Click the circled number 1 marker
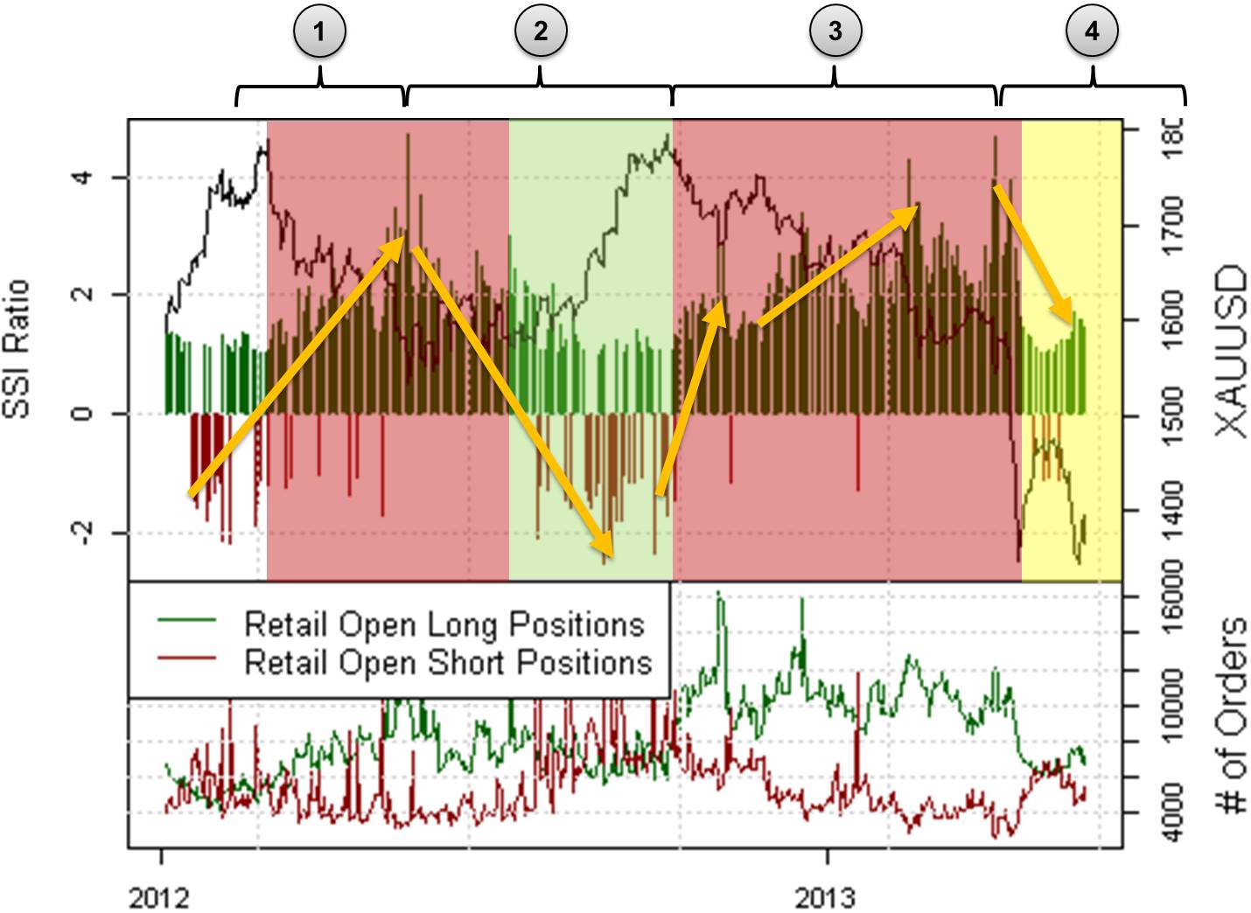click(319, 32)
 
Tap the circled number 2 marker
click(540, 32)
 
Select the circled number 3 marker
click(835, 32)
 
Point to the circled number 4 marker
click(1092, 32)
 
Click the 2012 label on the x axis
click(159, 897)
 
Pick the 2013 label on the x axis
click(826, 897)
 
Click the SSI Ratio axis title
click(17, 349)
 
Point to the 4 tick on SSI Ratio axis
click(81, 178)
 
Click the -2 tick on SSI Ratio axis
click(81, 532)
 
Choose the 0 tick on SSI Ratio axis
click(81, 413)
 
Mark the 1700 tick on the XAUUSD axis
click(1170, 226)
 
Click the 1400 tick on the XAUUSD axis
click(1170, 509)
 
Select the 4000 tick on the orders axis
click(1170, 812)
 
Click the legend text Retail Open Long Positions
click(444, 624)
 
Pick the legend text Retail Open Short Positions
click(448, 662)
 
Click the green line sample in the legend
click(186, 620)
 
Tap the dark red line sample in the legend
click(186, 659)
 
